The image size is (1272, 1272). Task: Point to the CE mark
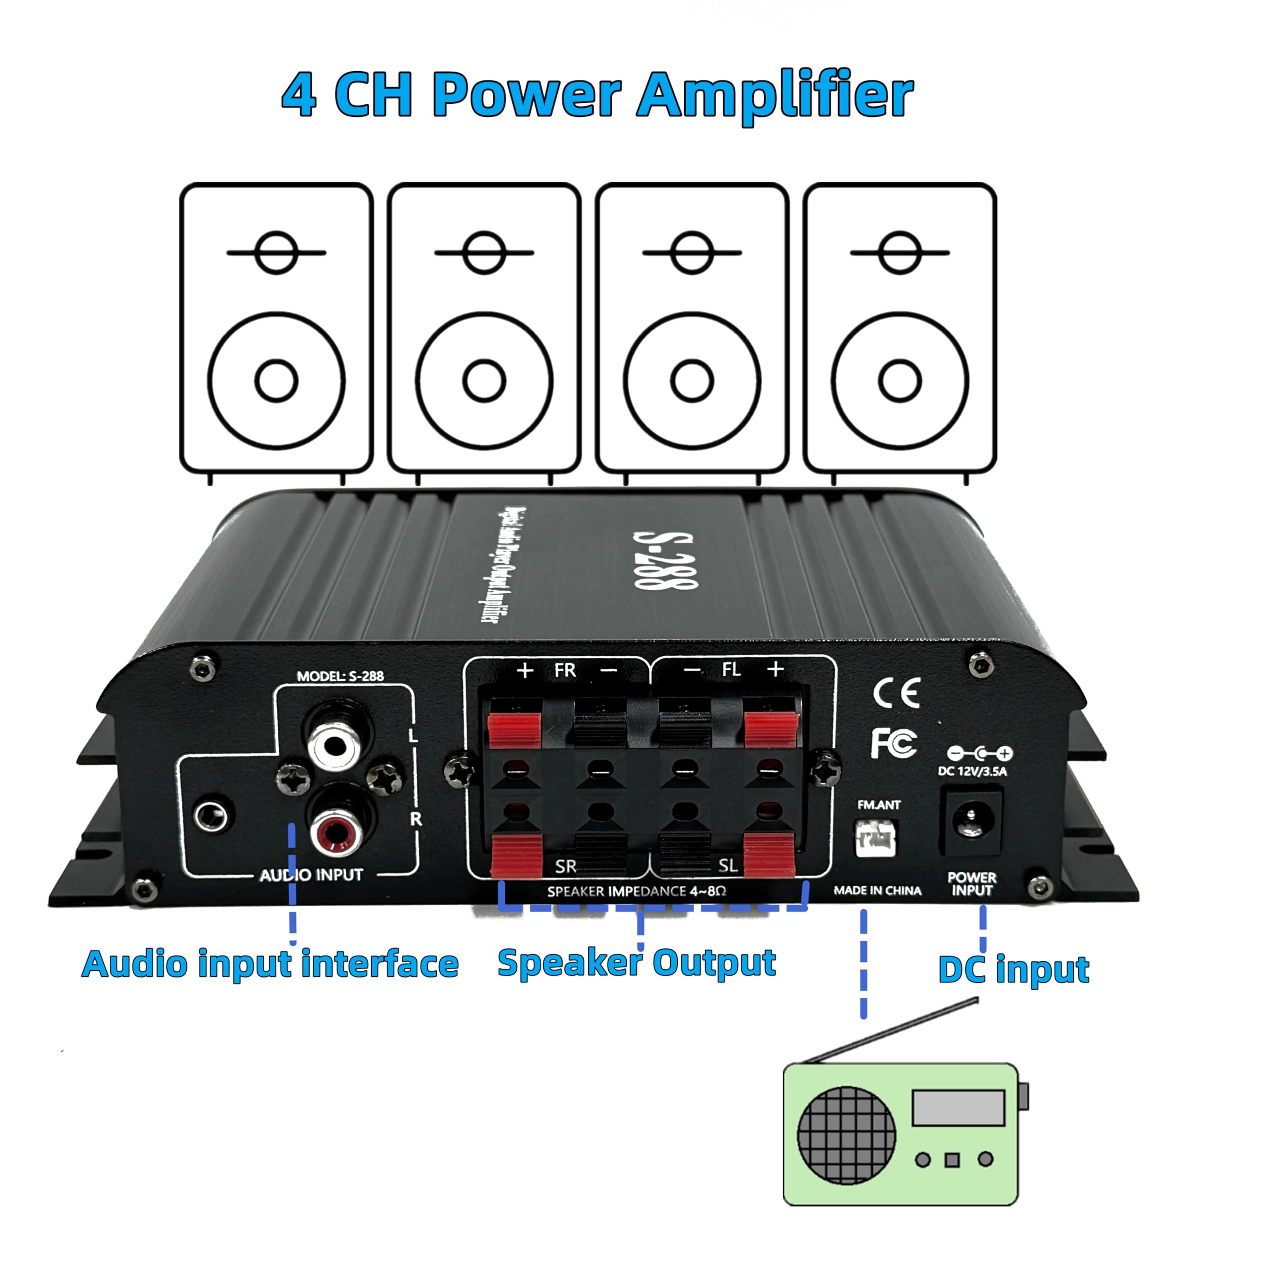[895, 693]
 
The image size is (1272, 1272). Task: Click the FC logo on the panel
[893, 743]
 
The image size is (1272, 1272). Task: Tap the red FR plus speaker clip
[514, 727]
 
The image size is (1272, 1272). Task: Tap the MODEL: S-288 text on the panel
[340, 676]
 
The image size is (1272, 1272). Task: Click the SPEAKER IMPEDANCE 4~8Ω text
[636, 891]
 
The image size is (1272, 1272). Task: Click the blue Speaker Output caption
[636, 963]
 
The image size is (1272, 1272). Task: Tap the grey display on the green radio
[958, 1108]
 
